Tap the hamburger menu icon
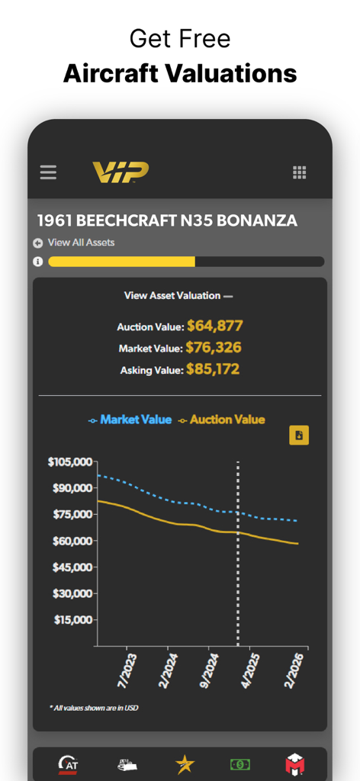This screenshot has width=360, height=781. (x=48, y=172)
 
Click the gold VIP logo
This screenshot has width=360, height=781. (x=121, y=172)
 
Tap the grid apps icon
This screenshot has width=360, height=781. (x=300, y=172)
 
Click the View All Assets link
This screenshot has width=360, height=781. (x=80, y=243)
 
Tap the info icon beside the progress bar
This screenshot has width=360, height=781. (x=38, y=262)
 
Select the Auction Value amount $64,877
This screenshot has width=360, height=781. (x=214, y=326)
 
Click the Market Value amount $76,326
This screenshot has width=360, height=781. (x=214, y=348)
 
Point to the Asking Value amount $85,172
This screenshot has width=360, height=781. (x=213, y=370)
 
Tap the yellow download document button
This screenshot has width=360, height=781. (x=299, y=435)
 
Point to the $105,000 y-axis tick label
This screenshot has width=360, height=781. (x=70, y=461)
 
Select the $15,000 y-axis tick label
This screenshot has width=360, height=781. (x=73, y=620)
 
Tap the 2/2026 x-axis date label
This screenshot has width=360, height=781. (x=296, y=669)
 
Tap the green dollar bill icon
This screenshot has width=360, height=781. (x=240, y=763)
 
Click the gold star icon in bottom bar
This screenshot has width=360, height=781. (x=184, y=763)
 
